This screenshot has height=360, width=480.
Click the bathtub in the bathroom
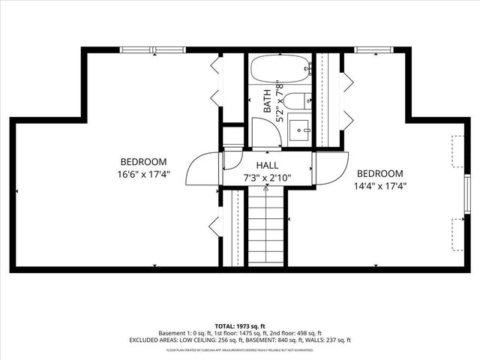tap(280, 70)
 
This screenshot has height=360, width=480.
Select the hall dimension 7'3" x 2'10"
tap(267, 178)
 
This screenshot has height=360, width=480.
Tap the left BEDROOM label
tap(143, 162)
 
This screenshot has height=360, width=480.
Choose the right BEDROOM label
tap(379, 173)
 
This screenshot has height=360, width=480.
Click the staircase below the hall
tap(266, 225)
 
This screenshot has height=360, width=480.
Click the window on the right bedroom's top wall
tap(370, 50)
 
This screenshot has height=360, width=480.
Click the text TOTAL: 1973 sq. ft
tap(239, 326)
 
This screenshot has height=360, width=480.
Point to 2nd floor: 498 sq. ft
tap(299, 333)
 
